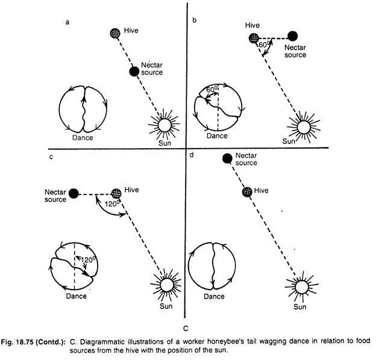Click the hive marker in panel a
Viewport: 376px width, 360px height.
(115, 33)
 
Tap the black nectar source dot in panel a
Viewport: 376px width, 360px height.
(134, 72)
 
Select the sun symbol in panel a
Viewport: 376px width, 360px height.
(164, 125)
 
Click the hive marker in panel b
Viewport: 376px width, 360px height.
(254, 38)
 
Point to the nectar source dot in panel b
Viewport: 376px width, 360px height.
(293, 36)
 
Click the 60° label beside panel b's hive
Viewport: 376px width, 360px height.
(265, 45)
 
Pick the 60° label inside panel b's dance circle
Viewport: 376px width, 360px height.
(212, 89)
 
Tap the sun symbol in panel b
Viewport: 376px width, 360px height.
(304, 127)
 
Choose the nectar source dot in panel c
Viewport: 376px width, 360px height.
(74, 193)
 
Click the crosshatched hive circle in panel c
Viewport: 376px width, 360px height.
(116, 193)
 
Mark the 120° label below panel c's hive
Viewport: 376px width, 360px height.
(112, 204)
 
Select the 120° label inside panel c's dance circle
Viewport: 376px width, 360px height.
(88, 260)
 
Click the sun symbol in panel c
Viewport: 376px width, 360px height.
(166, 285)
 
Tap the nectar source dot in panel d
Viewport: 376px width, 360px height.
(227, 158)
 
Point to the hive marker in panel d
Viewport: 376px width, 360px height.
(247, 192)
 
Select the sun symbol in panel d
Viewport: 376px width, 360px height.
(302, 287)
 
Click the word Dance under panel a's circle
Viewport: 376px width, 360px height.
(83, 138)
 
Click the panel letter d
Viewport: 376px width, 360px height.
(192, 155)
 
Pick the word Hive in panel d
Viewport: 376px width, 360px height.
(261, 190)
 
